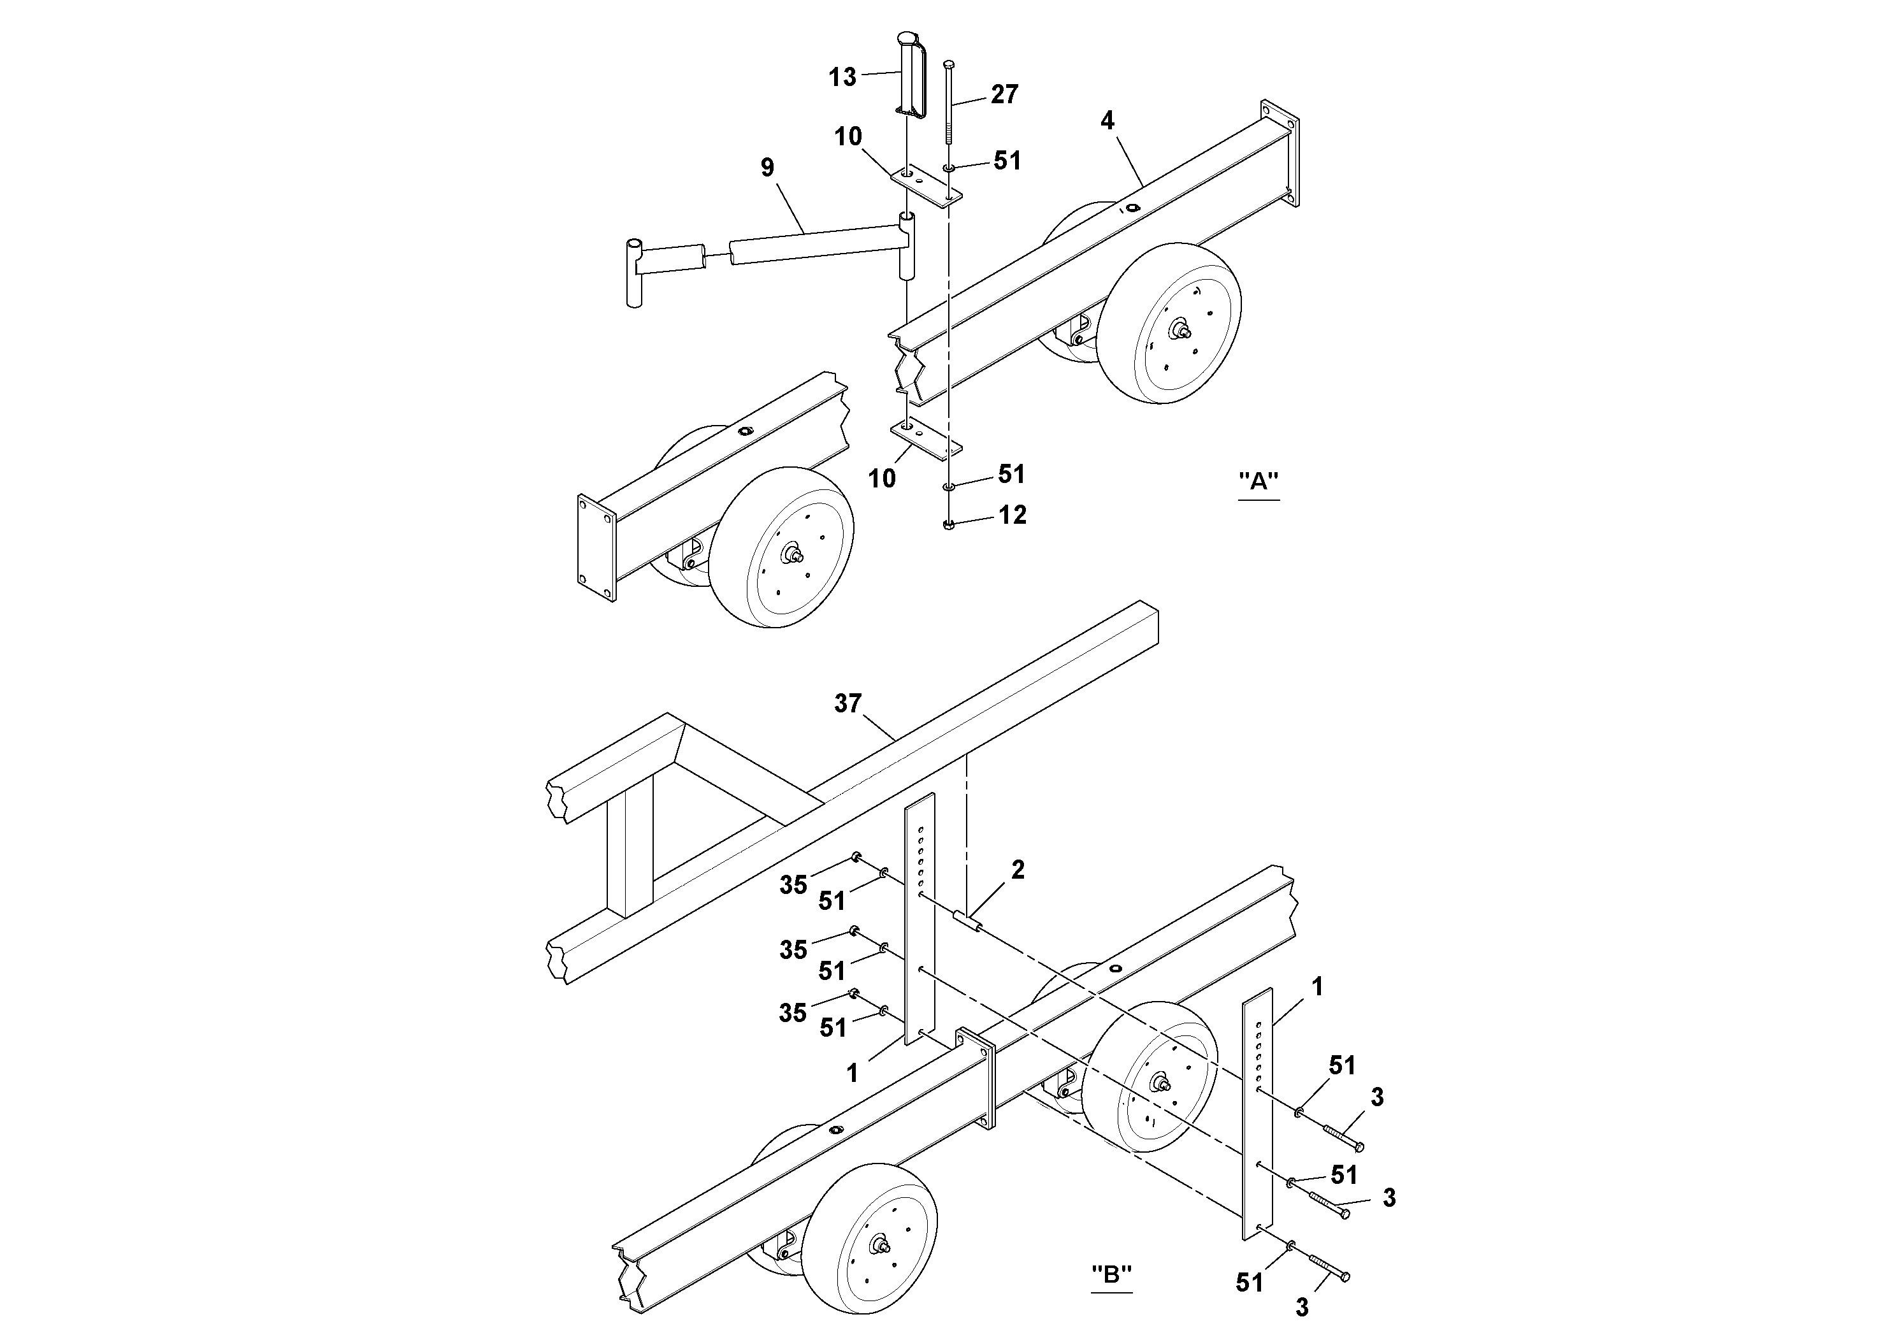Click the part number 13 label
[x=842, y=77]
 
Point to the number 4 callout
[x=1107, y=120]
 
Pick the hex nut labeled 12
[x=948, y=524]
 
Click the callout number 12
[x=1012, y=515]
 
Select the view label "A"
[x=1259, y=481]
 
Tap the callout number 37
[x=848, y=704]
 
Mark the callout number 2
[x=1017, y=869]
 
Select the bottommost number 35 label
[x=792, y=1013]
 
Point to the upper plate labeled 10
[x=926, y=187]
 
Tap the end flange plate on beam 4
[x=1280, y=153]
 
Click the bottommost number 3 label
[x=1302, y=1308]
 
